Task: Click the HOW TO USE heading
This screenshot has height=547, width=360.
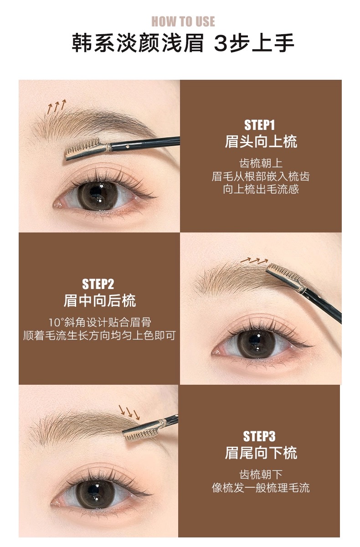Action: [183, 21]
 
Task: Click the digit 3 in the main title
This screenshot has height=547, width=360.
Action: [221, 43]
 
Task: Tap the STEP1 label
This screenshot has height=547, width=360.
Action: [259, 125]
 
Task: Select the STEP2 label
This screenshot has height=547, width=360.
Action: [98, 284]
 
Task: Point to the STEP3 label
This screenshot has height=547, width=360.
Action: [259, 436]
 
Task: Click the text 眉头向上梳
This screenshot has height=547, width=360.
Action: [261, 142]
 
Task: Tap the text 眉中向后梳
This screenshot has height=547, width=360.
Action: [100, 300]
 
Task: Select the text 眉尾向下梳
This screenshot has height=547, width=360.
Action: [261, 453]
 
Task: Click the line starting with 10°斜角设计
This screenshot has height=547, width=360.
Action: [100, 323]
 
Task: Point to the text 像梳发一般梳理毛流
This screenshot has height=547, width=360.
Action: [261, 488]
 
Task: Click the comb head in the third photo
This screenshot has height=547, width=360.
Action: [142, 431]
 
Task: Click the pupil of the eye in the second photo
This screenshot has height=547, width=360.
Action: [255, 340]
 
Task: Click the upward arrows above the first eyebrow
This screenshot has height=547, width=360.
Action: [57, 107]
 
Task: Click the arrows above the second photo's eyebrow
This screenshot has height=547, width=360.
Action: [254, 261]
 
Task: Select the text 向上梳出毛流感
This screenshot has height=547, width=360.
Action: [261, 189]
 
